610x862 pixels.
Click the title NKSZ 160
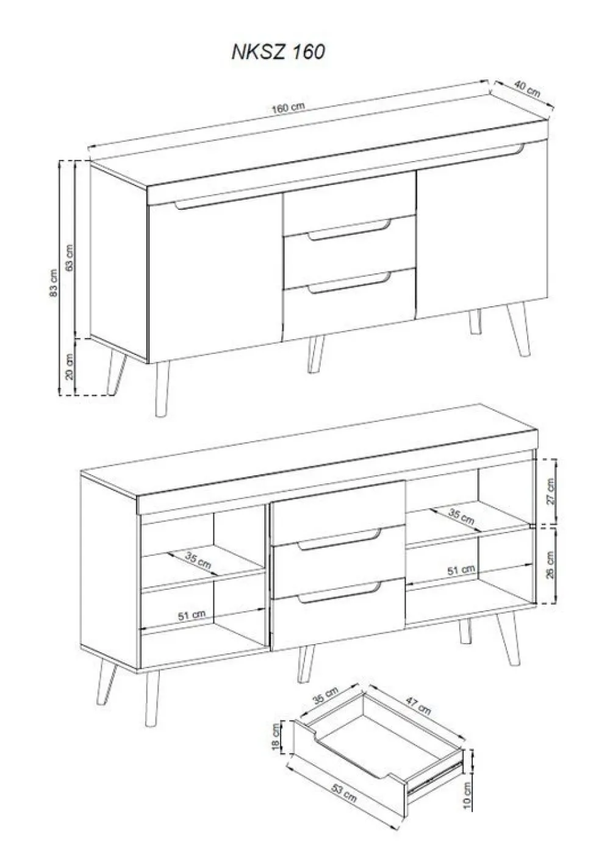click(x=278, y=52)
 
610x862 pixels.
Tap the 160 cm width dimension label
click(x=289, y=107)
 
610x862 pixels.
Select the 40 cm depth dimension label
click(x=527, y=90)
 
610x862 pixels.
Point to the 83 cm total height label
click(x=54, y=282)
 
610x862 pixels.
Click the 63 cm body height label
click(x=69, y=257)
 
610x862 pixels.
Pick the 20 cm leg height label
click(x=70, y=367)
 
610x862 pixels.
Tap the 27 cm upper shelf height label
click(x=551, y=491)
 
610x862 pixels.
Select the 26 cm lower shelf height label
click(x=551, y=565)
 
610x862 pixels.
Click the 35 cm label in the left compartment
click(x=198, y=560)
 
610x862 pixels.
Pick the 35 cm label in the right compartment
click(x=461, y=516)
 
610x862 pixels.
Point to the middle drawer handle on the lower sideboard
click(x=339, y=539)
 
